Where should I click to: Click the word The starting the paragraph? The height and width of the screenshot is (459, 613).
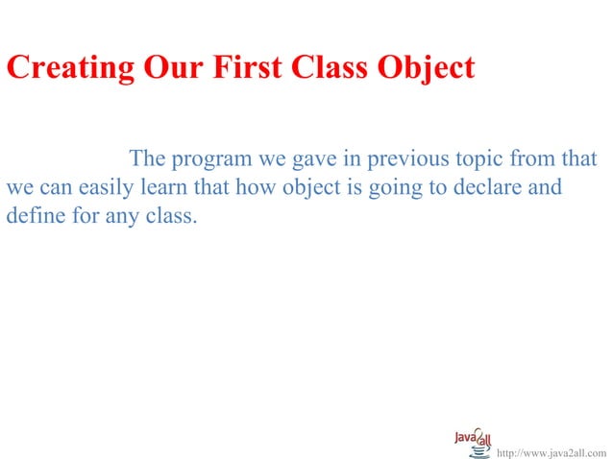pyautogui.click(x=147, y=158)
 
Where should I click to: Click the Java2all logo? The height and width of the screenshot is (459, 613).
pyautogui.click(x=475, y=440)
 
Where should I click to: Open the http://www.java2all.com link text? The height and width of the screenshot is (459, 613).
pyautogui.click(x=551, y=451)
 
